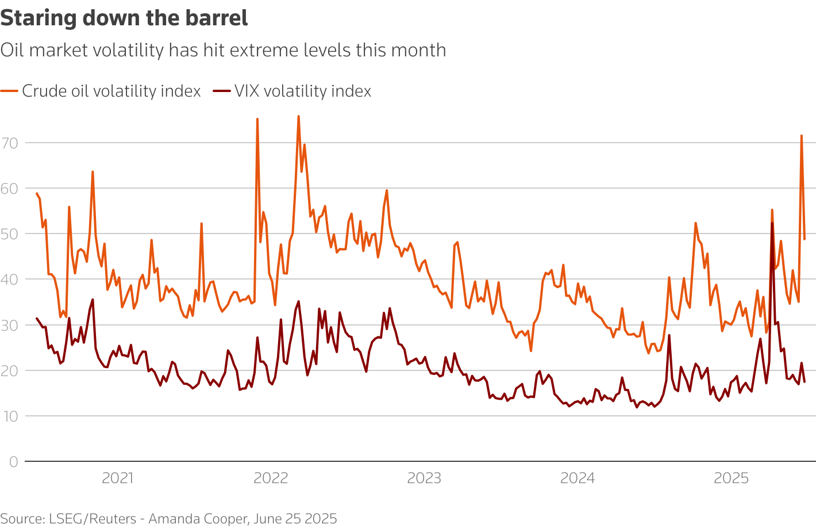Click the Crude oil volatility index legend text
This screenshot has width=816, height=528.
111,91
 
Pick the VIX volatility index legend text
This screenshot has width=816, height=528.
303,91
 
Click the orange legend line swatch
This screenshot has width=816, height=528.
9,91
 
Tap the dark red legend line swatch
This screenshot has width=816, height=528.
222,91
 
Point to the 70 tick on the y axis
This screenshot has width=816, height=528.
10,143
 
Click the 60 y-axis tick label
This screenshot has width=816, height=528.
10,188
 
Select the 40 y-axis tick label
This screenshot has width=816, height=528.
10,280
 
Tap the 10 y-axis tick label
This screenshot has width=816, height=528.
10,416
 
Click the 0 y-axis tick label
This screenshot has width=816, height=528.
13,461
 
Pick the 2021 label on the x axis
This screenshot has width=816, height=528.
117,478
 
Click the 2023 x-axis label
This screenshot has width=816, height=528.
424,478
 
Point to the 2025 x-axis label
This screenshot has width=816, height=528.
731,478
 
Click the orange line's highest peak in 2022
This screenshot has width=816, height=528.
298,117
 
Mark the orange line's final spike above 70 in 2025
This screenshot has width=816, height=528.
801,136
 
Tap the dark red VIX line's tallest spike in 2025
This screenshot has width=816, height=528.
772,223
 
